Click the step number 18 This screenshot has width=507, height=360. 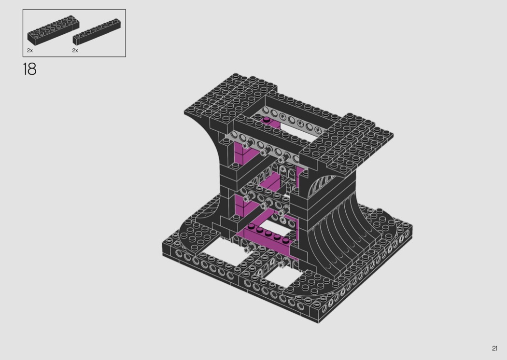tap(29, 69)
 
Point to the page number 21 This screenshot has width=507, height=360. tap(494, 348)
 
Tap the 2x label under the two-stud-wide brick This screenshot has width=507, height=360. tap(30, 50)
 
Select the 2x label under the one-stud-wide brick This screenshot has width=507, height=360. tap(75, 50)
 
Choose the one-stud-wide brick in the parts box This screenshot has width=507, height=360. tap(97, 32)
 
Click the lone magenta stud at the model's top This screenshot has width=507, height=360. tap(267, 120)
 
